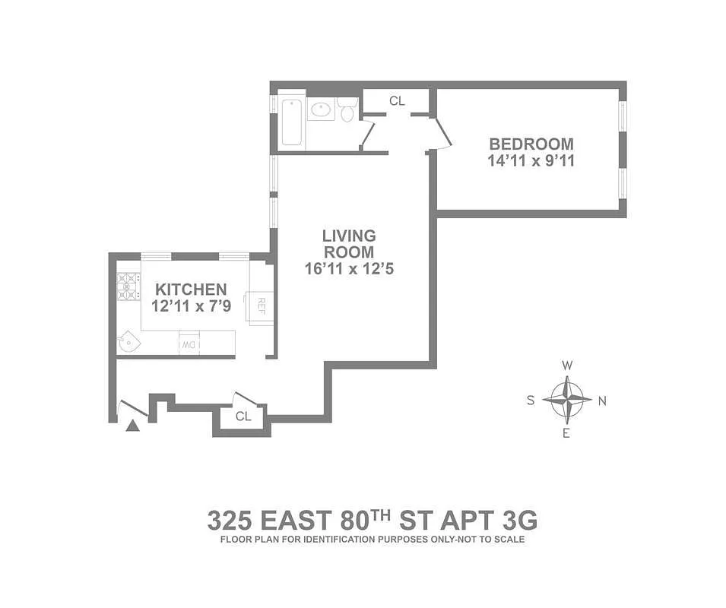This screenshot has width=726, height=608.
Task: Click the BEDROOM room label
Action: tap(531, 144)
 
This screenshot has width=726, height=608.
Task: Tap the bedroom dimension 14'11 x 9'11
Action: tap(531, 160)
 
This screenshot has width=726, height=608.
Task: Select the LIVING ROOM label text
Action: tap(349, 244)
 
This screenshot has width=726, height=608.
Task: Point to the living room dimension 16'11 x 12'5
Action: tap(349, 269)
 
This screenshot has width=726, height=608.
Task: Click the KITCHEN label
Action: tap(191, 290)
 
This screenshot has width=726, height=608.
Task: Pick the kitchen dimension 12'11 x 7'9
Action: tap(191, 306)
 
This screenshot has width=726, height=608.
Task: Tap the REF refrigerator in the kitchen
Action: tap(260, 306)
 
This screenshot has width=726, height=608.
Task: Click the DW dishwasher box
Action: tap(189, 345)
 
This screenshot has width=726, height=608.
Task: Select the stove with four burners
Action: tap(128, 286)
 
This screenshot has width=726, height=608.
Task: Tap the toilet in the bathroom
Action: tap(347, 110)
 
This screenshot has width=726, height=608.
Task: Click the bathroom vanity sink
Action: tap(322, 109)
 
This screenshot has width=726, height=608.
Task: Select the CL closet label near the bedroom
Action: tap(397, 100)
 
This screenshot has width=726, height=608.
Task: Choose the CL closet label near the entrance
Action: tap(243, 416)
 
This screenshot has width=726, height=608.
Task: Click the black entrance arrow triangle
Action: tap(133, 426)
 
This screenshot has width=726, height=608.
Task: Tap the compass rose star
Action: tap(567, 400)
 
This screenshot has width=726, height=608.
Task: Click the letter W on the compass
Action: tap(567, 366)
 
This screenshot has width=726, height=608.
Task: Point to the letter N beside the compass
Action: tap(602, 401)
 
